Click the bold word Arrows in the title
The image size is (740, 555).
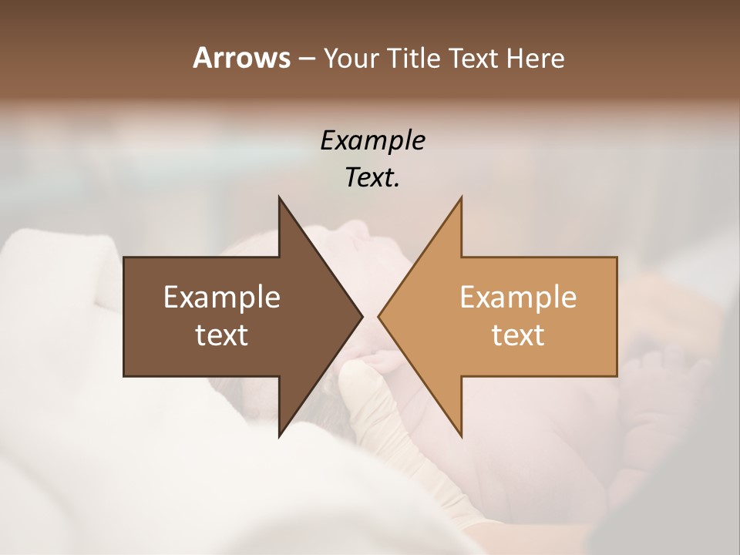point(241,58)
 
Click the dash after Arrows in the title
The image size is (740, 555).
point(306,59)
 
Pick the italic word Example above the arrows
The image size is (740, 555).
point(372,140)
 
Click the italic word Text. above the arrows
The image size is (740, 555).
point(372,177)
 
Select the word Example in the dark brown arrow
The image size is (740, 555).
point(221,298)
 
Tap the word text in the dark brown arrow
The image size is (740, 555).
point(221,335)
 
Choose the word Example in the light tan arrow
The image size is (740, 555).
point(518,298)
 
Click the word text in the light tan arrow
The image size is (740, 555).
point(518,335)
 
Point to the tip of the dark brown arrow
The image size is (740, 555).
point(362,316)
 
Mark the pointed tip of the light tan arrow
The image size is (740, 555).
point(378,316)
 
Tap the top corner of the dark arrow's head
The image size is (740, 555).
point(279,197)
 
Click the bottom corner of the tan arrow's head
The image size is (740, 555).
point(461,436)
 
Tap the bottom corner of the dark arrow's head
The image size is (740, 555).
point(279,436)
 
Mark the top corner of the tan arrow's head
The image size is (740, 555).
point(461,197)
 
